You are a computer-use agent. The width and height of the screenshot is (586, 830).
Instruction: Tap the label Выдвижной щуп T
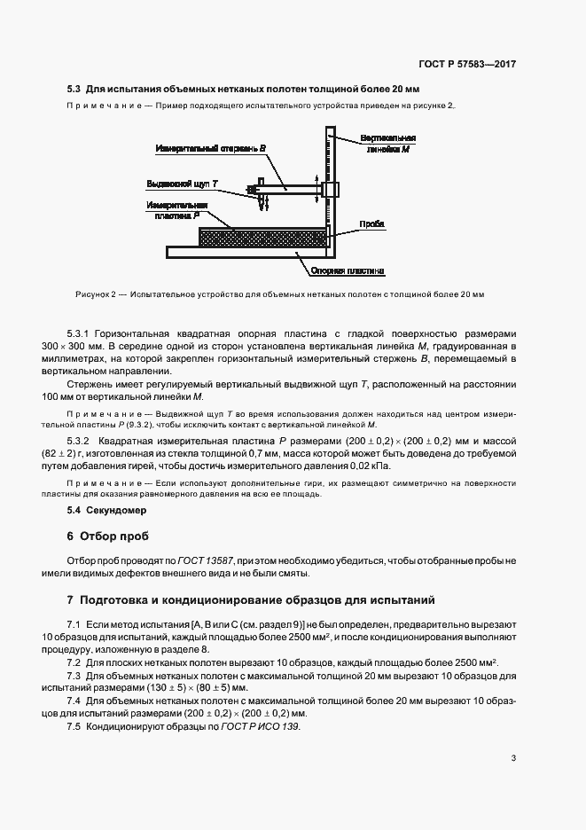tap(183, 184)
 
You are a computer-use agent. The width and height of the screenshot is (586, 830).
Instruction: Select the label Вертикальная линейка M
tap(388, 145)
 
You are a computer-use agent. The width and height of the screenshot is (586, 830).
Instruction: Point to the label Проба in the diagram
tap(372, 224)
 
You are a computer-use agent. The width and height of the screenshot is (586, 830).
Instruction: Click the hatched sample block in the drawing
tap(262, 238)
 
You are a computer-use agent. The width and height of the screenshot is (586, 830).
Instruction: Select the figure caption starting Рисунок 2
tap(276, 294)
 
